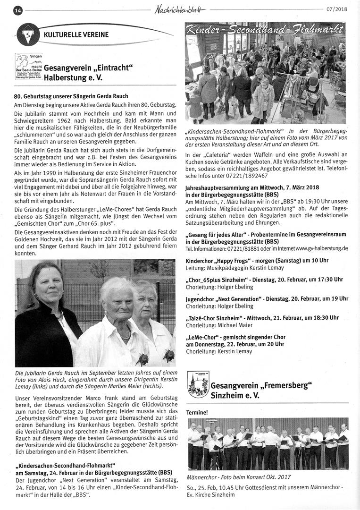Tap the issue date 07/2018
click(336, 9)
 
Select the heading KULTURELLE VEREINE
click(76, 34)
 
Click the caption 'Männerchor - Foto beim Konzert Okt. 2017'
click(239, 477)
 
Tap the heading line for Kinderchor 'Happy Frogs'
click(257, 260)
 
